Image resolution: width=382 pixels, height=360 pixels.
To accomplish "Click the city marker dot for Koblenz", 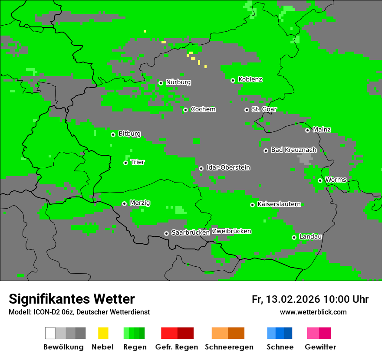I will point(233,80).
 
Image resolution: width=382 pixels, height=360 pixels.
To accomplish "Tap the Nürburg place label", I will point(178,82).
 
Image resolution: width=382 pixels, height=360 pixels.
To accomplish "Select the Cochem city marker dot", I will point(185,110).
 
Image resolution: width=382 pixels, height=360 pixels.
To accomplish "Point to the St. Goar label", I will point(264,109).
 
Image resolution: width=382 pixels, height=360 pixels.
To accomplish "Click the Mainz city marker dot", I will point(307,130).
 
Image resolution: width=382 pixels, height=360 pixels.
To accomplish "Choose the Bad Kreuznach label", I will point(293,150).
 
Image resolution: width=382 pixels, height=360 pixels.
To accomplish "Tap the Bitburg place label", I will point(129,134).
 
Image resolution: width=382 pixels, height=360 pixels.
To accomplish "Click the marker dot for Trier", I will point(125,163).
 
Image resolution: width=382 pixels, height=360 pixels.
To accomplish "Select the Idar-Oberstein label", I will point(228,168).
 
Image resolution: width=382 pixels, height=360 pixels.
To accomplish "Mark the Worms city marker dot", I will point(320,180).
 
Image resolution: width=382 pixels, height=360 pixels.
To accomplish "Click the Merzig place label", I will point(140,203).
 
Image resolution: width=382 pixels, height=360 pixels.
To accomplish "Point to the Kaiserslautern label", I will point(279,204).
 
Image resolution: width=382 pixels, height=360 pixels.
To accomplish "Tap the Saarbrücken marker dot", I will point(166,233).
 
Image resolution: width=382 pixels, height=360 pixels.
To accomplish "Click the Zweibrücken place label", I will point(231,231).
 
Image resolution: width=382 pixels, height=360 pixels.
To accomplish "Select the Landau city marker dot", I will point(294,237).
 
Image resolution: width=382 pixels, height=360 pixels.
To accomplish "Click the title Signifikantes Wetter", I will point(72,299).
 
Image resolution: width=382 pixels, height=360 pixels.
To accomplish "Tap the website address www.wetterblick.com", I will point(313,312).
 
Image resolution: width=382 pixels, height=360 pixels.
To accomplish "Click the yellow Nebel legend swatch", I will point(103,333).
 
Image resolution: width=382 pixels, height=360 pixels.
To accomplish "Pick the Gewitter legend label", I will point(320,347).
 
